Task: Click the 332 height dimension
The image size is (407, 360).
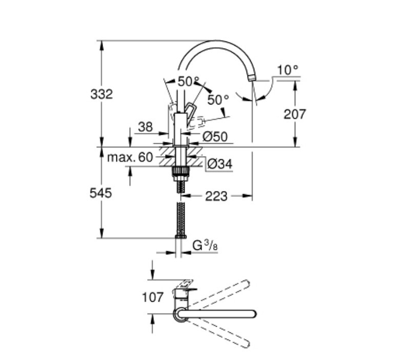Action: click(x=101, y=94)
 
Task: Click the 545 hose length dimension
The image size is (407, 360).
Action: click(x=100, y=193)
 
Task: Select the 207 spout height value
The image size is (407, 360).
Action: click(x=295, y=114)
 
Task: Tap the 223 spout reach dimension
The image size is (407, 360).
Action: click(x=216, y=196)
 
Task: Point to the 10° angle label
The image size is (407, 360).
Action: click(x=288, y=70)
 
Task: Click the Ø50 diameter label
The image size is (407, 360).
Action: click(x=215, y=136)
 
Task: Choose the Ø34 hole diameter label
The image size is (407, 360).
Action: click(x=220, y=164)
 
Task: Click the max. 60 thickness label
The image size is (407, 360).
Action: click(x=130, y=157)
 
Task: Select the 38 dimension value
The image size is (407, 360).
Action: click(x=146, y=127)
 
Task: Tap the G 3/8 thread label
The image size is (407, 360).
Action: click(x=205, y=245)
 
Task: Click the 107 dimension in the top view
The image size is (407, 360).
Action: click(x=153, y=297)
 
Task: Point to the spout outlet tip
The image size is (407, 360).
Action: click(x=252, y=77)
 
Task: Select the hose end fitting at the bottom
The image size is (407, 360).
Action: click(x=180, y=236)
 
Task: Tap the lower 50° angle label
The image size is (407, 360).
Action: click(x=218, y=99)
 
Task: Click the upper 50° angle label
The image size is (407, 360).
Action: click(x=189, y=81)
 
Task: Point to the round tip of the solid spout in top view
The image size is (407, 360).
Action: click(x=254, y=314)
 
